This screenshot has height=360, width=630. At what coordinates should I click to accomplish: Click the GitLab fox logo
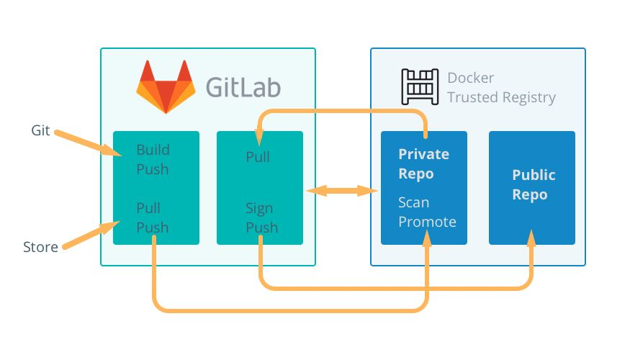(x=166, y=86)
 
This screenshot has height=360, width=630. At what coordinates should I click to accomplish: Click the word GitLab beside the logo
(x=243, y=87)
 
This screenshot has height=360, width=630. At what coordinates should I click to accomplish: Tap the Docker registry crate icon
(x=419, y=87)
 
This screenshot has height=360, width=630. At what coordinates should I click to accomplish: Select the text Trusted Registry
(x=501, y=97)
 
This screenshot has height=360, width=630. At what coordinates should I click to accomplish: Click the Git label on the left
(x=40, y=130)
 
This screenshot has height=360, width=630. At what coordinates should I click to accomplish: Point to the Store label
(x=40, y=247)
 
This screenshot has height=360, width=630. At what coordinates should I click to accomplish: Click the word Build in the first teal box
(x=153, y=150)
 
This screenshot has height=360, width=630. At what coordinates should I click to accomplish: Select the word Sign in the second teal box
(x=259, y=208)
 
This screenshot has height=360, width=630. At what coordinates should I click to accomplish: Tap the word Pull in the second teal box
(x=258, y=156)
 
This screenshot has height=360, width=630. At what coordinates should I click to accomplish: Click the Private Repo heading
(x=424, y=164)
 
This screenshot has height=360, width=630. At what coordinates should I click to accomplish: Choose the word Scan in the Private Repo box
(x=414, y=202)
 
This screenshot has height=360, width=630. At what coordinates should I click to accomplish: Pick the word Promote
(x=427, y=222)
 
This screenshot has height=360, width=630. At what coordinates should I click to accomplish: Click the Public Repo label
(x=534, y=185)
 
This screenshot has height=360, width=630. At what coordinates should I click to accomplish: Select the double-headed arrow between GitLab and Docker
(x=343, y=191)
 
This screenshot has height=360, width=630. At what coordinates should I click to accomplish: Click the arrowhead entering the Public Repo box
(x=532, y=238)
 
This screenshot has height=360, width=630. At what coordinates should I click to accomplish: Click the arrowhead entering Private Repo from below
(x=426, y=239)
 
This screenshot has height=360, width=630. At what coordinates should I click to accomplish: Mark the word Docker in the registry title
(x=471, y=78)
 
